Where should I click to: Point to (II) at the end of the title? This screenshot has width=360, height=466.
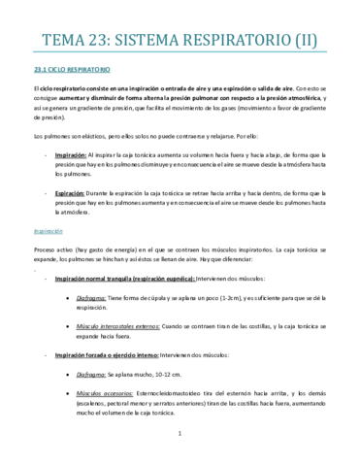tap(311, 40)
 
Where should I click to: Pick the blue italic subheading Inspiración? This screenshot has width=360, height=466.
tap(49, 232)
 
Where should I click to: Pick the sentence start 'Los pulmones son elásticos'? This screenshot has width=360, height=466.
tap(72, 137)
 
